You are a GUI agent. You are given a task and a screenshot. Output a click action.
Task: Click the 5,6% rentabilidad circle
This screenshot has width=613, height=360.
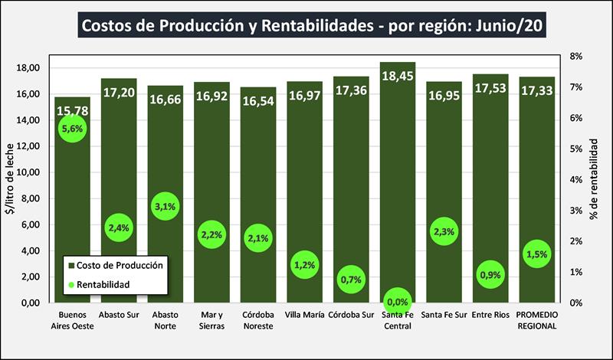pos(72,130)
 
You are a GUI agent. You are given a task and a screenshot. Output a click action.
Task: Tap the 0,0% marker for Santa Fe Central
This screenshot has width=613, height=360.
pos(398,302)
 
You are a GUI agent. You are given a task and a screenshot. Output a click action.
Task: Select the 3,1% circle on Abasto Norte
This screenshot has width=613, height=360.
pos(166,207)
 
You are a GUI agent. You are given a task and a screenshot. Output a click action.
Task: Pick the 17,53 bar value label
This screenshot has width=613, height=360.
pos(490,90)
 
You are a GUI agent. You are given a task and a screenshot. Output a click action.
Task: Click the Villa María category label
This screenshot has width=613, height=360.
pos(304,315)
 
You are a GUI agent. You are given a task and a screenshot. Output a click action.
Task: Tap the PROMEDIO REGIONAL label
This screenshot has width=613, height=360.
pos(537,320)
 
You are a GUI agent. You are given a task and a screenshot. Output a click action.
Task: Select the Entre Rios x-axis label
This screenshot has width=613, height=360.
pos(490,315)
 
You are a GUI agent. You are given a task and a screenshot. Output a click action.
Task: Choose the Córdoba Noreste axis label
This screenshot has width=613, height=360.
pos(258,320)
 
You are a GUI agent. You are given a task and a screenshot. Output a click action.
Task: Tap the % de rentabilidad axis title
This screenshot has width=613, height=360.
pos(594,180)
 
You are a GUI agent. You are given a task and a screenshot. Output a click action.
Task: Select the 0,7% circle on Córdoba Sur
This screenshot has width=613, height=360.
pos(351,280)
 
